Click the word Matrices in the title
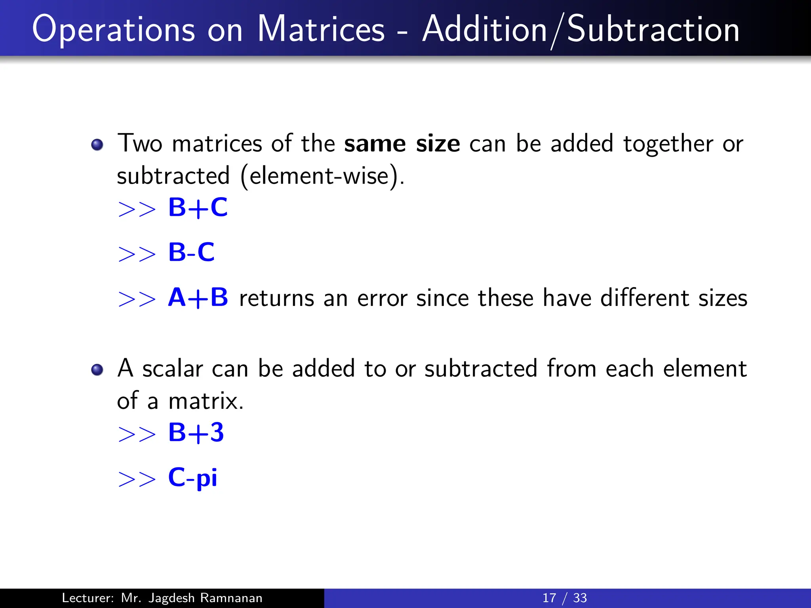tap(321, 29)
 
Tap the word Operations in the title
tap(113, 30)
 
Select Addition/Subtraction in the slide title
tap(581, 29)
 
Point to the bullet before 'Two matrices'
tap(97, 145)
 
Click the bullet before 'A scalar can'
tap(97, 370)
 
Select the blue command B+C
tap(198, 207)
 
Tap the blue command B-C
tap(191, 252)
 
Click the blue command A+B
tap(198, 298)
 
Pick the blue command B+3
tap(196, 432)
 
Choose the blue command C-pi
tap(193, 477)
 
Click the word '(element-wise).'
tap(322, 176)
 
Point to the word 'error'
tap(382, 298)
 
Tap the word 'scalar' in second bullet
tap(173, 369)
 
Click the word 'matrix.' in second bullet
tap(206, 401)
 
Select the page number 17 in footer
tap(549, 598)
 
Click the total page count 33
tap(580, 598)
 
